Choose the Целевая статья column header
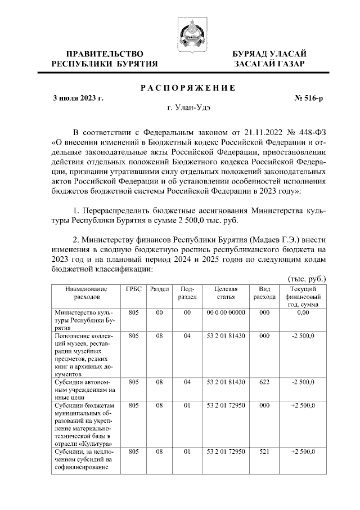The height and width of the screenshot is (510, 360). tap(226, 293)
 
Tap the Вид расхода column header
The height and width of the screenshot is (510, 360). tap(264, 293)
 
